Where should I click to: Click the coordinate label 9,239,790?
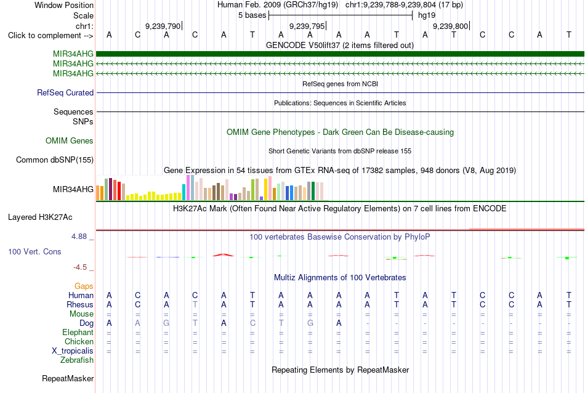click(163, 26)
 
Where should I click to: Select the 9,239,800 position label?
click(450, 26)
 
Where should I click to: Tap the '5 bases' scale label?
click(252, 15)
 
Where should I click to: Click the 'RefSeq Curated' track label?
click(65, 92)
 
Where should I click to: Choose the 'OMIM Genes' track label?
click(70, 140)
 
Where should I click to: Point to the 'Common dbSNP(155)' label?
click(55, 160)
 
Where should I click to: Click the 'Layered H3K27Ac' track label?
click(40, 217)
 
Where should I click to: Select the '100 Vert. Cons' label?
click(34, 251)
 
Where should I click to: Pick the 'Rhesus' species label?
click(80, 304)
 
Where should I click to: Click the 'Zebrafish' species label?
click(77, 360)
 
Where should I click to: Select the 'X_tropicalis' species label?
click(73, 351)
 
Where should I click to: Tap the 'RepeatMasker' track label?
click(68, 378)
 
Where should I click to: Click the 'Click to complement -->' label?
click(50, 36)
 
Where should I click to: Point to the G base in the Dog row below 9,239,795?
click(310, 323)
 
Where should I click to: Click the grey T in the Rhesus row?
click(195, 304)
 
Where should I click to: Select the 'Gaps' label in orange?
click(84, 286)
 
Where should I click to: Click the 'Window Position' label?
click(64, 5)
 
